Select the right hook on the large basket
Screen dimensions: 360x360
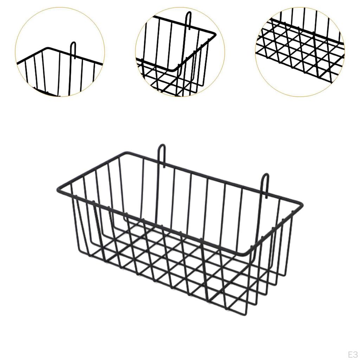pos(265,181)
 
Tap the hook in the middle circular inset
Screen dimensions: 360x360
pos(189,21)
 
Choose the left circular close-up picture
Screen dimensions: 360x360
pos(60,52)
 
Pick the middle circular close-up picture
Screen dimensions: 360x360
pos(180,52)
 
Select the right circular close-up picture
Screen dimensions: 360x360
pos(300,52)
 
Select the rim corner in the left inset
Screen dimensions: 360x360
pos(49,48)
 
